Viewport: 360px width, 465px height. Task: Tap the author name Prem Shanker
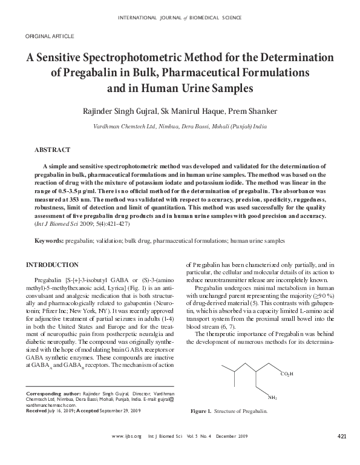coord(262,112)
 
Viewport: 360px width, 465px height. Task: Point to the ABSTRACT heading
coord(53,149)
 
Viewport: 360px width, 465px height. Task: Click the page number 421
coord(341,437)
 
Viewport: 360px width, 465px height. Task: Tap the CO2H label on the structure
coord(287,374)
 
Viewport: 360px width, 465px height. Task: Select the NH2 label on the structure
coord(273,398)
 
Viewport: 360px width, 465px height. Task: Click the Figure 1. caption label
coord(201,412)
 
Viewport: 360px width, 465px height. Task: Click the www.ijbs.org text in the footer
coord(126,437)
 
